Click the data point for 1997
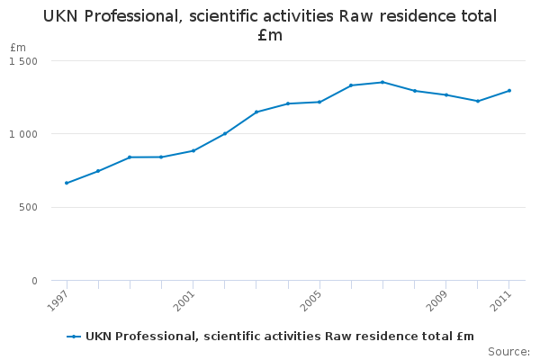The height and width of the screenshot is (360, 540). coord(67,183)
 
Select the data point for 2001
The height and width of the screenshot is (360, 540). coord(193,150)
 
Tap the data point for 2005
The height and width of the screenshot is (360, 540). coord(319,102)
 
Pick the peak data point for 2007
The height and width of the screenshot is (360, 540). coord(382,82)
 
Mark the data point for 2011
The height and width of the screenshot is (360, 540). coord(509,90)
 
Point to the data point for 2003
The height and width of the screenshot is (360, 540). coord(256,112)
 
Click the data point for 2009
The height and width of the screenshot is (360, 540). coord(446,94)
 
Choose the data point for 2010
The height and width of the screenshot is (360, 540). coord(478,101)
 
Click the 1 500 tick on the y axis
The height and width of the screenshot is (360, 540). coord(24,61)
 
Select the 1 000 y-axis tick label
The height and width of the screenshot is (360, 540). coord(24,134)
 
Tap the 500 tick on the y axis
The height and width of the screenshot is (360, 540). coord(29,208)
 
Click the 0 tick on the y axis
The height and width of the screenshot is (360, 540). coord(34,281)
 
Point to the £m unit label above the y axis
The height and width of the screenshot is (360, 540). coord(18,47)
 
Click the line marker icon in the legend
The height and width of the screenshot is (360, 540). coord(74,337)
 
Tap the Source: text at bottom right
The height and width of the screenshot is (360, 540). coord(508,351)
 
